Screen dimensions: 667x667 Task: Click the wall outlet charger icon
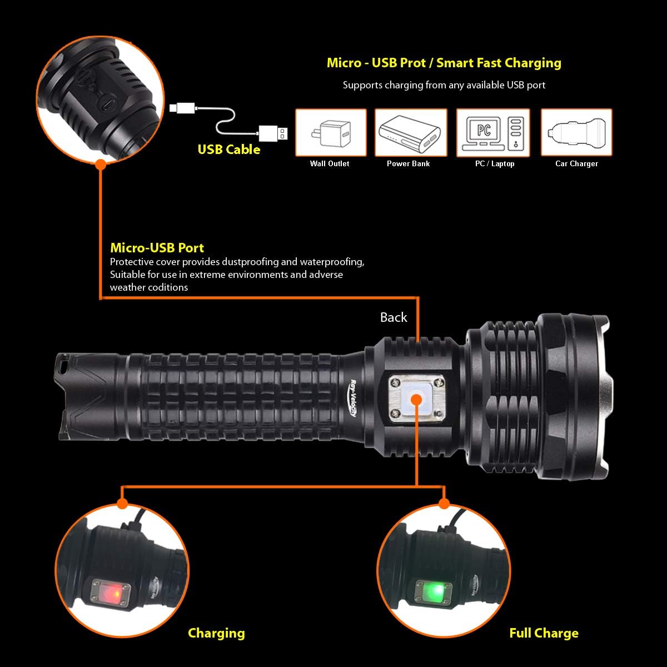point(331,132)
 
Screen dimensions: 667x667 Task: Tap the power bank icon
point(411,132)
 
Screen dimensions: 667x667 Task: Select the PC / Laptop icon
point(493,132)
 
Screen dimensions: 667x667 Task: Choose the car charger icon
point(576,132)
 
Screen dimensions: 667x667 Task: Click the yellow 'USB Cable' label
point(229,150)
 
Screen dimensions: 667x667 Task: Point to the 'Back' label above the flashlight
point(394,317)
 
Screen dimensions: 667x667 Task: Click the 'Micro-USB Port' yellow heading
point(157,248)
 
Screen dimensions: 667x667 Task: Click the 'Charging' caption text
point(216,633)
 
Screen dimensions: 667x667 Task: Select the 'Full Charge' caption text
point(544,633)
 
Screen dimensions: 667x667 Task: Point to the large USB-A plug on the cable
point(272,133)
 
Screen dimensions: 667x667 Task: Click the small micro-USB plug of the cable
point(181,107)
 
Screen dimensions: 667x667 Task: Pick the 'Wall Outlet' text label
point(330,164)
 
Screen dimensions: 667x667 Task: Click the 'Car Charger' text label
point(576,164)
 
